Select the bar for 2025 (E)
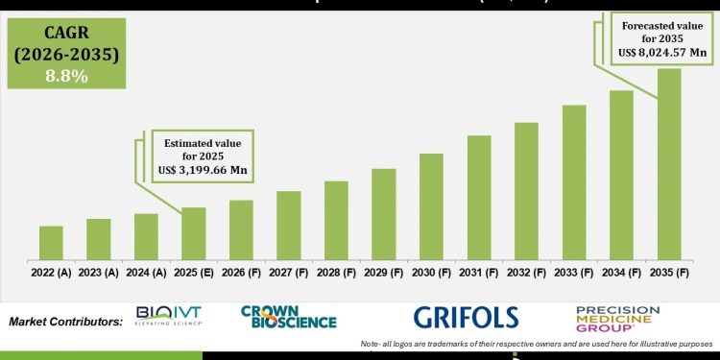193,233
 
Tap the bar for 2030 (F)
431,205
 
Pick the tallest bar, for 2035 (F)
669,163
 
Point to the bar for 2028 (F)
336,220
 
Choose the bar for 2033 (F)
574,181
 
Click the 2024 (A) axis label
146,273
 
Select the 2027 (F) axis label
288,273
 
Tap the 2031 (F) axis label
479,273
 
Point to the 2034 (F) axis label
621,273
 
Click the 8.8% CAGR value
63,75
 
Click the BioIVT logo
169,316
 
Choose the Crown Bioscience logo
288,316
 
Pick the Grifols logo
466,317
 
